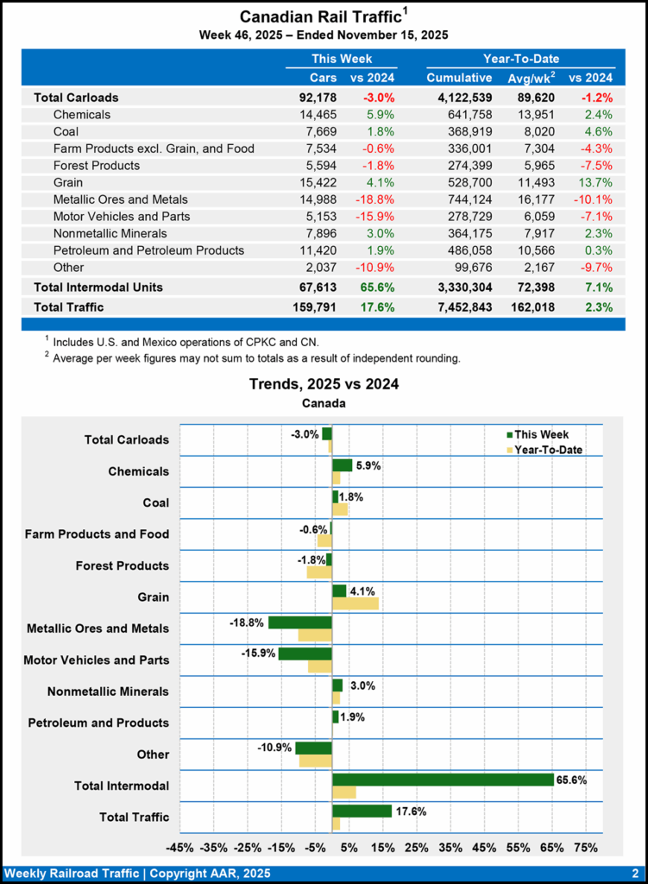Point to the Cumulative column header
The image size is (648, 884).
point(459,78)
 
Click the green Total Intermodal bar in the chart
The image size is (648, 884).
point(443,780)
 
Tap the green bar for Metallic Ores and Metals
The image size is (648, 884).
point(300,622)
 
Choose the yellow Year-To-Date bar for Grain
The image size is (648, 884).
point(355,603)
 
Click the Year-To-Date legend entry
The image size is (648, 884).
point(548,450)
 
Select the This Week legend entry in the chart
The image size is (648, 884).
point(542,435)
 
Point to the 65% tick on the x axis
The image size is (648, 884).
point(552,848)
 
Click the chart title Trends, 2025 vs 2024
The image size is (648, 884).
point(324,383)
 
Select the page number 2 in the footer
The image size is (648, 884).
point(634,873)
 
